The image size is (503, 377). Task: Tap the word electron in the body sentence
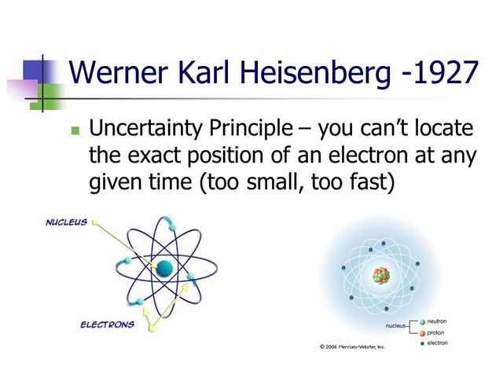pos(355,156)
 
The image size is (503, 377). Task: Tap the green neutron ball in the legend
pos(422,322)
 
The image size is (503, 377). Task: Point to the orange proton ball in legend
pos(422,332)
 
